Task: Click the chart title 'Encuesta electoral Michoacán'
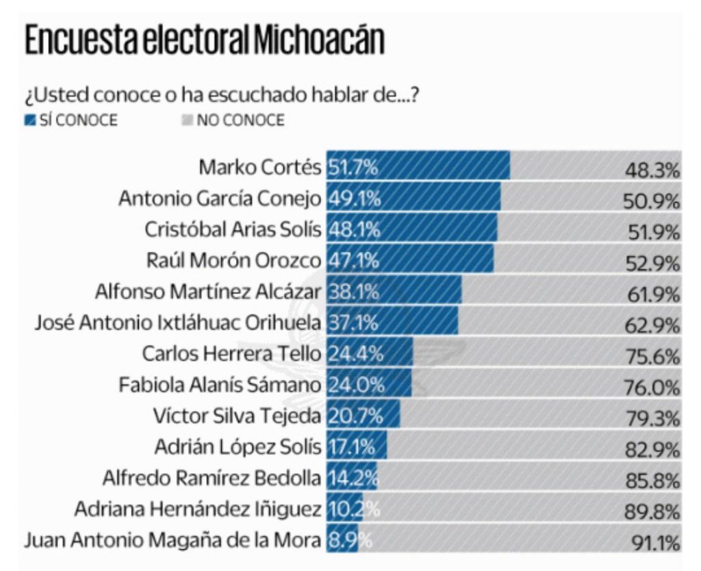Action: (x=204, y=42)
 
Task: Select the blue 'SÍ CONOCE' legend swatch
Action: (x=29, y=120)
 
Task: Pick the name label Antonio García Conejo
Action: (x=219, y=198)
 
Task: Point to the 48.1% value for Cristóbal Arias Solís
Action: (x=354, y=229)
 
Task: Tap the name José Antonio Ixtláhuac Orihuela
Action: (x=178, y=322)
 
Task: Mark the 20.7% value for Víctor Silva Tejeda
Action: (x=354, y=416)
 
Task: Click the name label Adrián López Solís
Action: (x=237, y=447)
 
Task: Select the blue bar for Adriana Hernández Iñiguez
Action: (x=344, y=509)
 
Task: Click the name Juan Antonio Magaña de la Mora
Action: (x=173, y=540)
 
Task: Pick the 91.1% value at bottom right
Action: (x=656, y=544)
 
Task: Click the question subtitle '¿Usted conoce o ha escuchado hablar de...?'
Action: (x=222, y=94)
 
